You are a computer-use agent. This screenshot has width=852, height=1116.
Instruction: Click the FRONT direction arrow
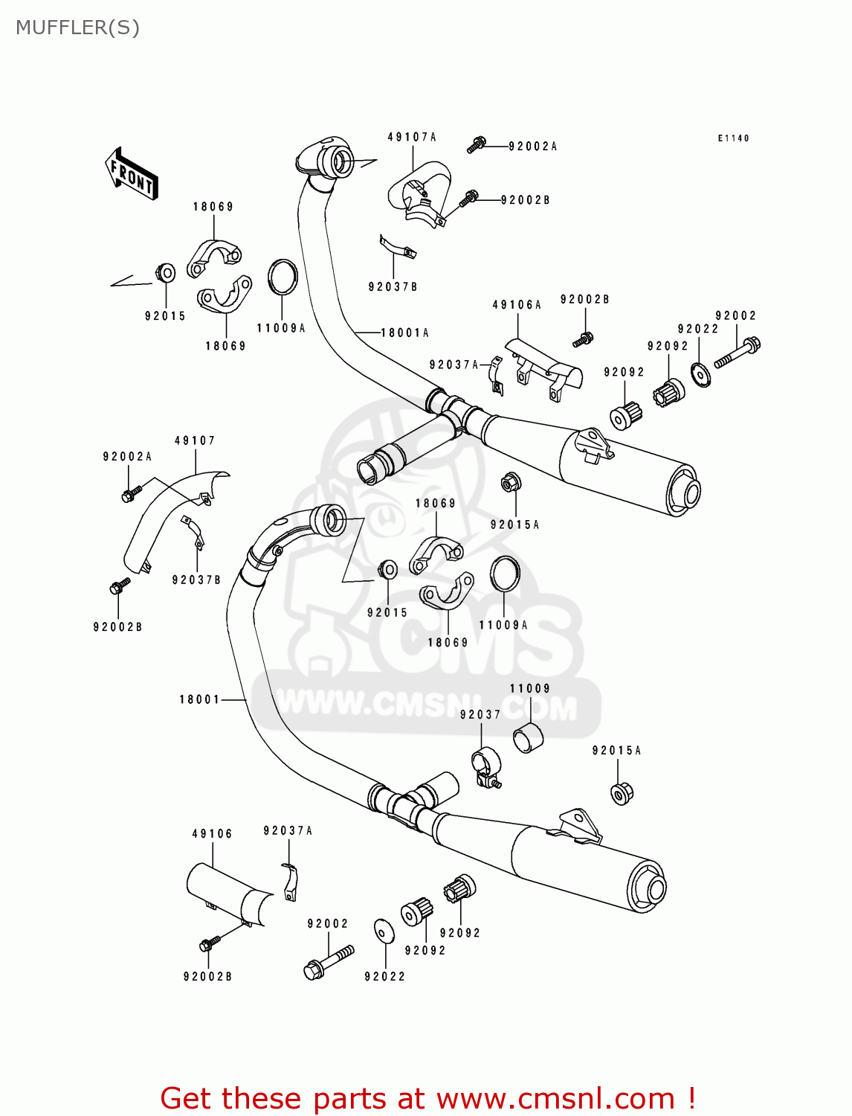click(132, 174)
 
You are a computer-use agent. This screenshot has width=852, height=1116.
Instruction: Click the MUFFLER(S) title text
click(77, 28)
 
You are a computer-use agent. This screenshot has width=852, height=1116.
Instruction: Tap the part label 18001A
click(404, 333)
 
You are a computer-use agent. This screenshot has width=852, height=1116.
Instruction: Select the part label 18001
click(199, 699)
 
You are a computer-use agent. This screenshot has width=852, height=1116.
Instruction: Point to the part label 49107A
click(412, 137)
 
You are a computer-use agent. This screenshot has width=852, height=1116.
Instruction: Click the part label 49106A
click(517, 304)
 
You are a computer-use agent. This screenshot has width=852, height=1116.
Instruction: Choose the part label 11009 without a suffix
click(529, 688)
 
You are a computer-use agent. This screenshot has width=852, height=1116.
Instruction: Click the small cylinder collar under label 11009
click(528, 737)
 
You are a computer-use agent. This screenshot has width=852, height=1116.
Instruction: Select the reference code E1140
click(733, 138)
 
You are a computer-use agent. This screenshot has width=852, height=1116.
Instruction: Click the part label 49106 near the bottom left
click(212, 833)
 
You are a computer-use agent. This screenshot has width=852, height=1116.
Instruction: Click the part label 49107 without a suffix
click(195, 440)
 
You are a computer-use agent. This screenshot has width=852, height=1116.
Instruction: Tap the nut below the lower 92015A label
click(622, 793)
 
